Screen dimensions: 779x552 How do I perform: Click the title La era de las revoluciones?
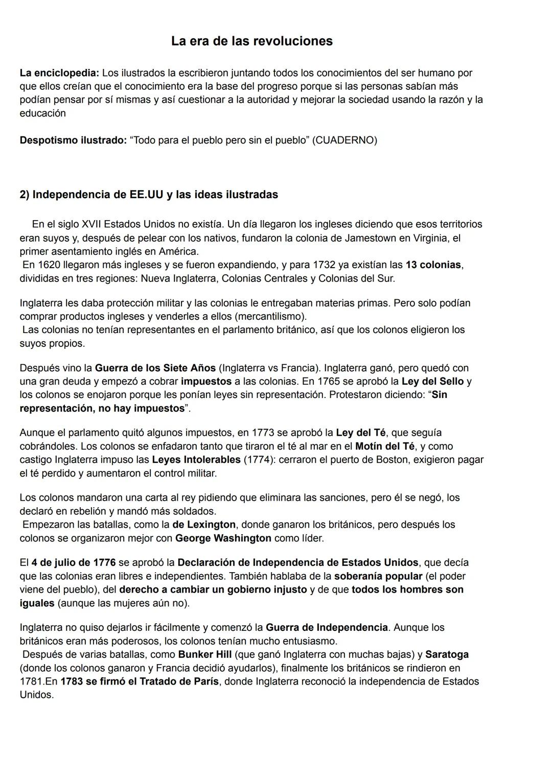[251, 41]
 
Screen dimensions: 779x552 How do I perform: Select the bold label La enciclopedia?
[59, 73]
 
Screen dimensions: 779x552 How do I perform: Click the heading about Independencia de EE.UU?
[149, 195]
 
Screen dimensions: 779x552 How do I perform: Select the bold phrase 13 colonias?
[433, 265]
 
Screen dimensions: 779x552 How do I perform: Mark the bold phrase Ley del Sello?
[432, 382]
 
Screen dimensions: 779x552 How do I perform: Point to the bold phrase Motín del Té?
[385, 446]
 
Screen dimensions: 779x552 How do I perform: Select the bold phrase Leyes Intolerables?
[196, 460]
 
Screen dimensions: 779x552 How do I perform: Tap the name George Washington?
[223, 538]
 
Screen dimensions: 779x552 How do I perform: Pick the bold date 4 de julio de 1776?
[73, 563]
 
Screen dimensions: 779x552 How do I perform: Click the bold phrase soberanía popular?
[378, 576]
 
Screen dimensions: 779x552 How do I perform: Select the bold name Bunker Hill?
[204, 655]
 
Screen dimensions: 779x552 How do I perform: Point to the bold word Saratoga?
[447, 655]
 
